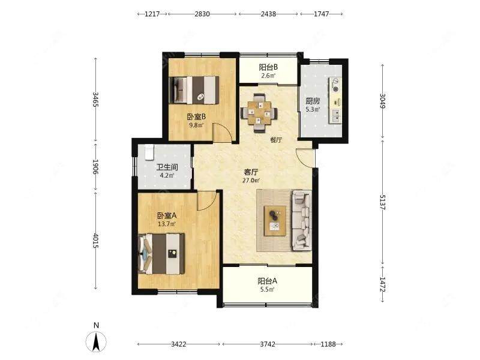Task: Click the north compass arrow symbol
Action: tap(96, 341)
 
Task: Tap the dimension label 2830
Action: tap(202, 14)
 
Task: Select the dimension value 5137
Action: tap(382, 202)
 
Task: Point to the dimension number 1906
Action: tap(95, 167)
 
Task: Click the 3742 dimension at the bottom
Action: tap(268, 344)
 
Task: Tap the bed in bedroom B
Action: tap(194, 90)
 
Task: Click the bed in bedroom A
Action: tap(161, 254)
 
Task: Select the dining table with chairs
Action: tap(259, 113)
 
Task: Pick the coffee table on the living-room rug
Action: tap(275, 221)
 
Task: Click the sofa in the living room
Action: tap(302, 220)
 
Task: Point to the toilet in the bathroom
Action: tap(149, 152)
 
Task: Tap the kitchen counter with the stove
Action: tap(335, 101)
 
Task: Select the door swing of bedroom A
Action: tap(207, 201)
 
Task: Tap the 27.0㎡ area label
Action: tap(251, 181)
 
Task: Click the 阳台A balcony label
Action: tap(267, 281)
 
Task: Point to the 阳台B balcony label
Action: tap(268, 67)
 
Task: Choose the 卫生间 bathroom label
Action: tap(167, 167)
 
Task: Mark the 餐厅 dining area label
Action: tap(276, 140)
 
